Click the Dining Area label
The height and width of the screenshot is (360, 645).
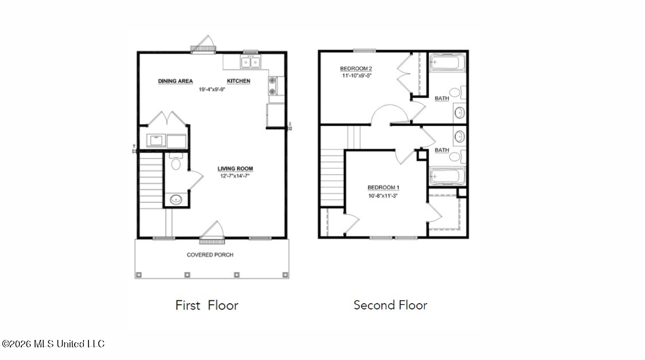[175, 81]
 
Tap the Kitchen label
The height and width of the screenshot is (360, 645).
[238, 81]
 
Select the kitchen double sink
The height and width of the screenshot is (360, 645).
[250, 63]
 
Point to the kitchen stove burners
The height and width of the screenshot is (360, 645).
[272, 86]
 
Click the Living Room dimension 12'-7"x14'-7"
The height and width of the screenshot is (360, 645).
[235, 176]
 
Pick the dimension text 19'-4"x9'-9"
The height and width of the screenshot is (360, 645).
[212, 89]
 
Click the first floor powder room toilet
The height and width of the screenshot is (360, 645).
[176, 161]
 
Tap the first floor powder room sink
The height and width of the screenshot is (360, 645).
[176, 200]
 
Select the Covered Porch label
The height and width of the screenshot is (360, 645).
[210, 255]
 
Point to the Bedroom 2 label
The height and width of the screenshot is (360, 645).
[356, 68]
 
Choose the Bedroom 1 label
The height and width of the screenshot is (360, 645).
[383, 188]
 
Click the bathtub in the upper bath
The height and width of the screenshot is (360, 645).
[447, 63]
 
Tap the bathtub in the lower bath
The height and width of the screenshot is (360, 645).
[447, 176]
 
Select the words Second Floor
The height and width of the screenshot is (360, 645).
[391, 305]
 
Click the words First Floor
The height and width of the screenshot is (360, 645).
[207, 305]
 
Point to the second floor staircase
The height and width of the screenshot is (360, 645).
[333, 177]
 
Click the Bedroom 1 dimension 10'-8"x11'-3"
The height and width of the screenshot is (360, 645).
[383, 196]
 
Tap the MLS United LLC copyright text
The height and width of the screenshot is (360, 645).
[53, 344]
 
